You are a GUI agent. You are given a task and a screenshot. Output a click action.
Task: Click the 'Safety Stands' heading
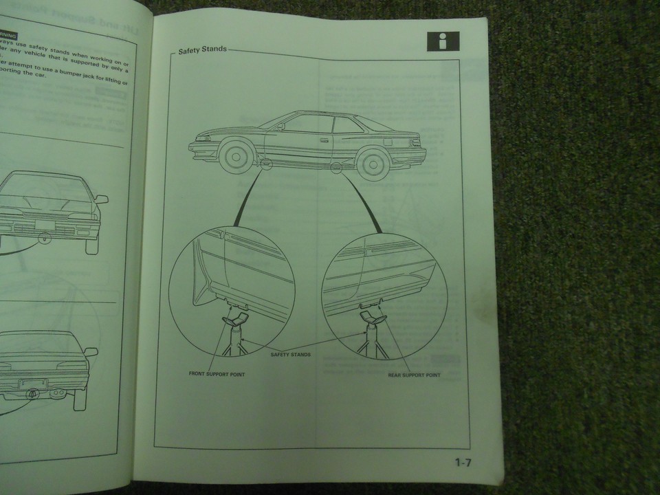point(202,51)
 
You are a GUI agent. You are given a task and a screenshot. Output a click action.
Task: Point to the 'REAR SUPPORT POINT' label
point(414,375)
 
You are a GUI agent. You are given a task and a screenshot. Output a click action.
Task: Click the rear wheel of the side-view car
point(372,162)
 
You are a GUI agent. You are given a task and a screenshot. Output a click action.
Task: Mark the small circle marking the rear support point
point(336,168)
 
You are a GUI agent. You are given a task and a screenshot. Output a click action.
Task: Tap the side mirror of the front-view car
point(100,199)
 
